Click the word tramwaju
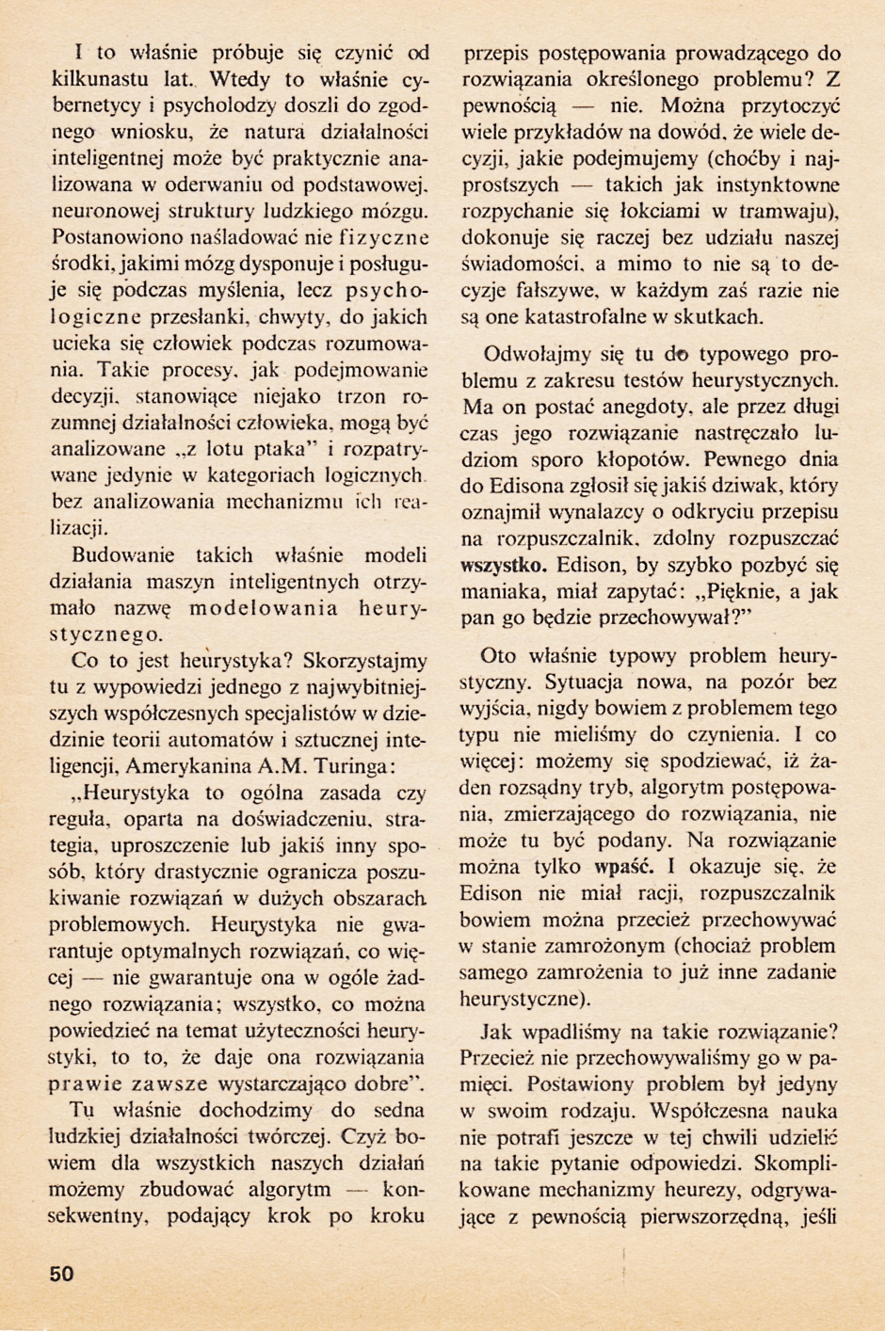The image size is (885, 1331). click(790, 212)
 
